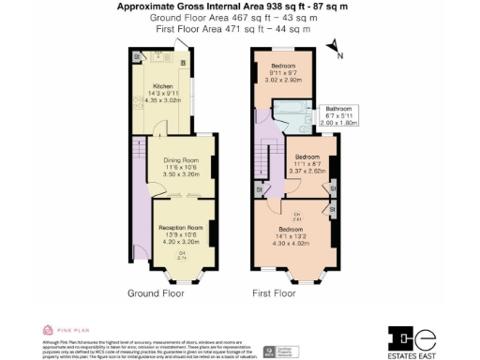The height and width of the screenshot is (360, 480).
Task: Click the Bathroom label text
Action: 338,108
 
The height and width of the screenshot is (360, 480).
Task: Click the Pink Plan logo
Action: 65,330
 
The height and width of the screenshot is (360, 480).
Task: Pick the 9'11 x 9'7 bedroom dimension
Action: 284,73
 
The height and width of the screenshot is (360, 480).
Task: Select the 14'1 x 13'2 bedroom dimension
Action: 291,236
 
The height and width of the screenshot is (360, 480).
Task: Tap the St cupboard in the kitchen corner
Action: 138,57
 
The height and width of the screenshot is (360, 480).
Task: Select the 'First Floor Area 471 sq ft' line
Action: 229,29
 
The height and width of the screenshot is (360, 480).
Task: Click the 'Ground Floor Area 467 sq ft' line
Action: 229,18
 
